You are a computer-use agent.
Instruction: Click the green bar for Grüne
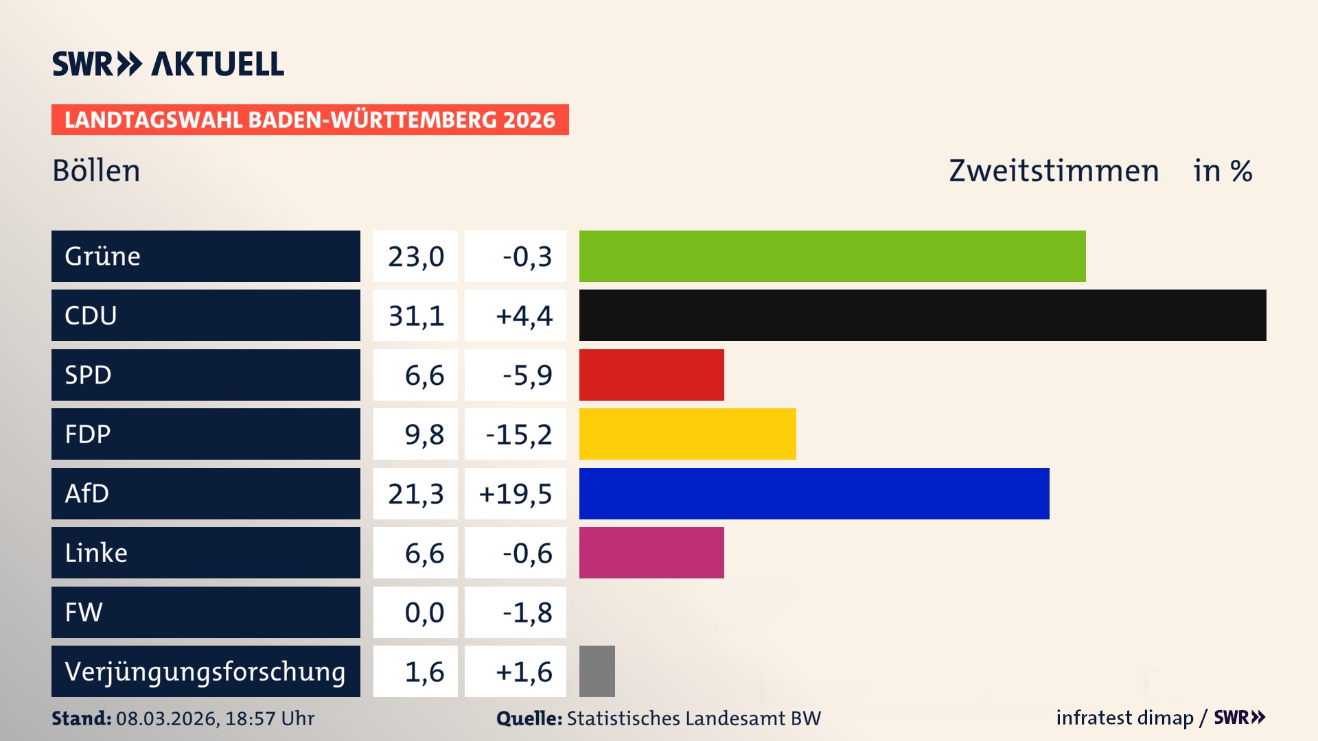point(832,256)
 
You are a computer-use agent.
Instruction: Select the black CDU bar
point(923,316)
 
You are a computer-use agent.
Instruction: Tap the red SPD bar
point(651,375)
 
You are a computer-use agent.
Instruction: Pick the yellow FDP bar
point(687,434)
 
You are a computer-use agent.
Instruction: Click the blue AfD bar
point(814,493)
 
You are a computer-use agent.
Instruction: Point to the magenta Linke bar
point(651,553)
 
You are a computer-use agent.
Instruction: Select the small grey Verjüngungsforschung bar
point(597,671)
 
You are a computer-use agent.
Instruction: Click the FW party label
point(84,612)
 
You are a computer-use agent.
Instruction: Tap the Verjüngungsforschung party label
point(205,671)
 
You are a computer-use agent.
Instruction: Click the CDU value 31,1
point(416,316)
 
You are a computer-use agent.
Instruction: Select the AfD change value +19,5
point(516,493)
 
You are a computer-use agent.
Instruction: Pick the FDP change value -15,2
point(518,434)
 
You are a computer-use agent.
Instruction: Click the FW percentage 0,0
point(424,612)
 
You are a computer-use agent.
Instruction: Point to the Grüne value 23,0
point(416,256)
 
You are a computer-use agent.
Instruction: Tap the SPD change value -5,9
point(527,375)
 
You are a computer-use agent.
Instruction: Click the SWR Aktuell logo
point(168,64)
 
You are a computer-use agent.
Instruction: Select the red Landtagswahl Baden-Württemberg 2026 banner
point(310,119)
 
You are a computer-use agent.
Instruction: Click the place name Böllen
point(96,171)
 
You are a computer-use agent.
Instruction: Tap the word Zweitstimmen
point(1054,171)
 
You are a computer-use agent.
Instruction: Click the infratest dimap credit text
point(1124,718)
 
